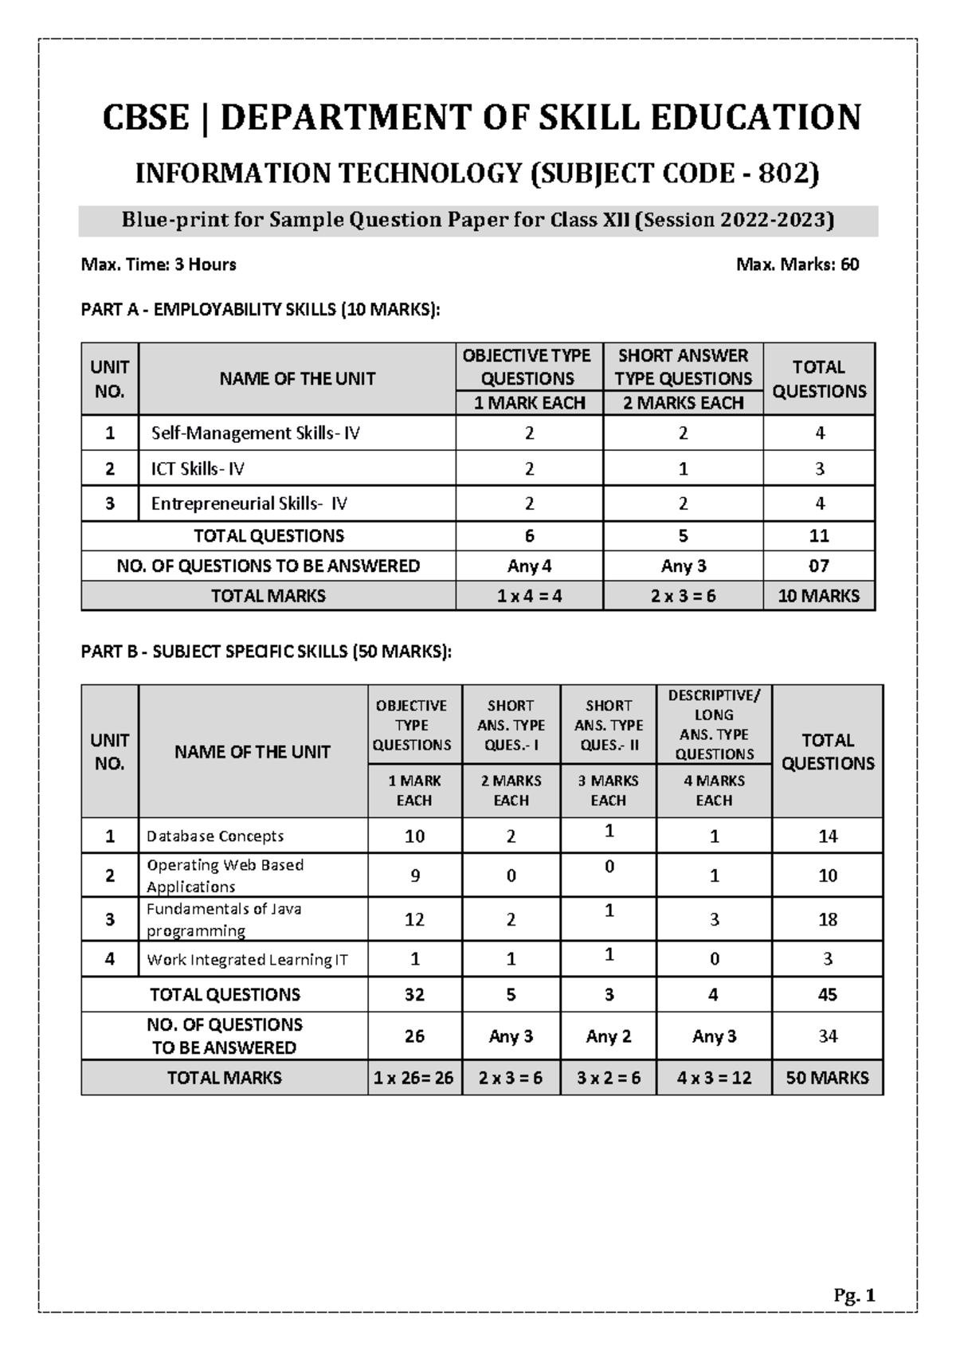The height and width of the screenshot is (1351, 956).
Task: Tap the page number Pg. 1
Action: (x=854, y=1296)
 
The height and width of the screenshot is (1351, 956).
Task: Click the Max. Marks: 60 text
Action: (x=797, y=264)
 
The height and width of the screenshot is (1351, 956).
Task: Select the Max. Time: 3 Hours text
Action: (x=159, y=264)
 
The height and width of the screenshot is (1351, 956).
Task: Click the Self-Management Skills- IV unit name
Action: (x=256, y=433)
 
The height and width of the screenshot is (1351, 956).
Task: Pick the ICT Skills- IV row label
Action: (x=198, y=469)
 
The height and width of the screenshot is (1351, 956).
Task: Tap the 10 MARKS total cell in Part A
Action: (x=818, y=596)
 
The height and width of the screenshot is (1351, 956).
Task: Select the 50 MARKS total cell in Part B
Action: (x=827, y=1078)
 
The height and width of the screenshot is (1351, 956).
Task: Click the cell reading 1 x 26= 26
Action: (x=414, y=1078)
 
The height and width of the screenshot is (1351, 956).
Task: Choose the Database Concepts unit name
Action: (x=215, y=836)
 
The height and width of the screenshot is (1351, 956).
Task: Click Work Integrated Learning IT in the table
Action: (x=247, y=960)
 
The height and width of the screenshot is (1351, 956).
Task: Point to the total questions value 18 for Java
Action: (x=827, y=919)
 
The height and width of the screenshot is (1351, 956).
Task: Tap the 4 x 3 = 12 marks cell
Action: (x=714, y=1078)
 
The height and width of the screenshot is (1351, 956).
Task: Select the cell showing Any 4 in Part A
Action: (x=529, y=566)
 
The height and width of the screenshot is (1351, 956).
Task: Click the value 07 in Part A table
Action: (x=818, y=566)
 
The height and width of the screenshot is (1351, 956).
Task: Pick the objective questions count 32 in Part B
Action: (x=414, y=995)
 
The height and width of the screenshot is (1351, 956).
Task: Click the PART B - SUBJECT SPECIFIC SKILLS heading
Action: (x=266, y=652)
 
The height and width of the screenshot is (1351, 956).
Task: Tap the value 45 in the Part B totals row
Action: (x=827, y=995)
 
